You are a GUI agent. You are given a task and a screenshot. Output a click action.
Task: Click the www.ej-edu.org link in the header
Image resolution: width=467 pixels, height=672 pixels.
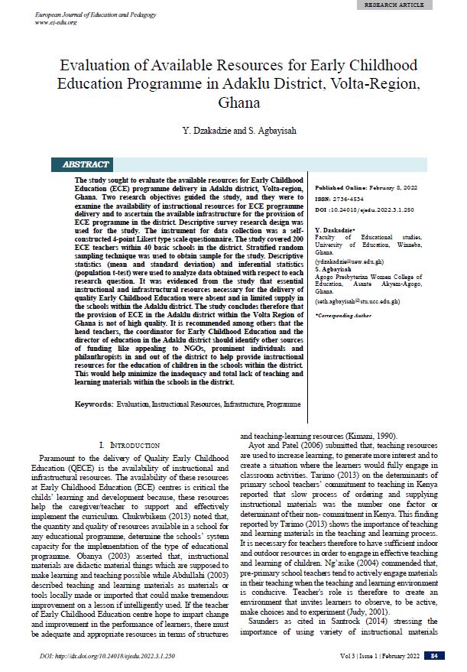[57, 21]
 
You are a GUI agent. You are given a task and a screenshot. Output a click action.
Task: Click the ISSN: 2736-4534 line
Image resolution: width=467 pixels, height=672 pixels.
[341, 197]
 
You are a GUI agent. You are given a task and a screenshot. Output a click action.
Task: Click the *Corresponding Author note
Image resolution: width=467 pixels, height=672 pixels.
[345, 315]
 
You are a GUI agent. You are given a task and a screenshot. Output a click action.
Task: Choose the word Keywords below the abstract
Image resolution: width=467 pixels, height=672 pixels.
[93, 403]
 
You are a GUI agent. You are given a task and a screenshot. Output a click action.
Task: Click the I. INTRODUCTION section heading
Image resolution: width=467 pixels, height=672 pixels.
[131, 444]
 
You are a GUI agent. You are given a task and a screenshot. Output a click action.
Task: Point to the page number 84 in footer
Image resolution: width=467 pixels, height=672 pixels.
[435, 656]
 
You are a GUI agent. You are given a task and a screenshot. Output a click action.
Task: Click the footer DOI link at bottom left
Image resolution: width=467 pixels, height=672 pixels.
[107, 656]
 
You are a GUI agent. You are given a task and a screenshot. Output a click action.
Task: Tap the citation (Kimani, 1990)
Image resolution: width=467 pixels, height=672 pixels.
[378, 434]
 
